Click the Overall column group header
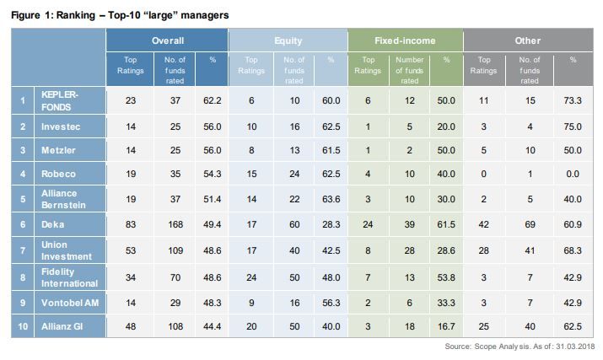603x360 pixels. (167, 40)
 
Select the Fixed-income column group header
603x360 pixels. (404, 40)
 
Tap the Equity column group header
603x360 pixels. (288, 40)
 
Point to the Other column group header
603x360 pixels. (527, 40)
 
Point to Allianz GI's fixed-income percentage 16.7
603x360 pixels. (446, 325)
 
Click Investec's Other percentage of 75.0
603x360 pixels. (573, 126)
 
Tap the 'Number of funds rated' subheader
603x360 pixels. (409, 70)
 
